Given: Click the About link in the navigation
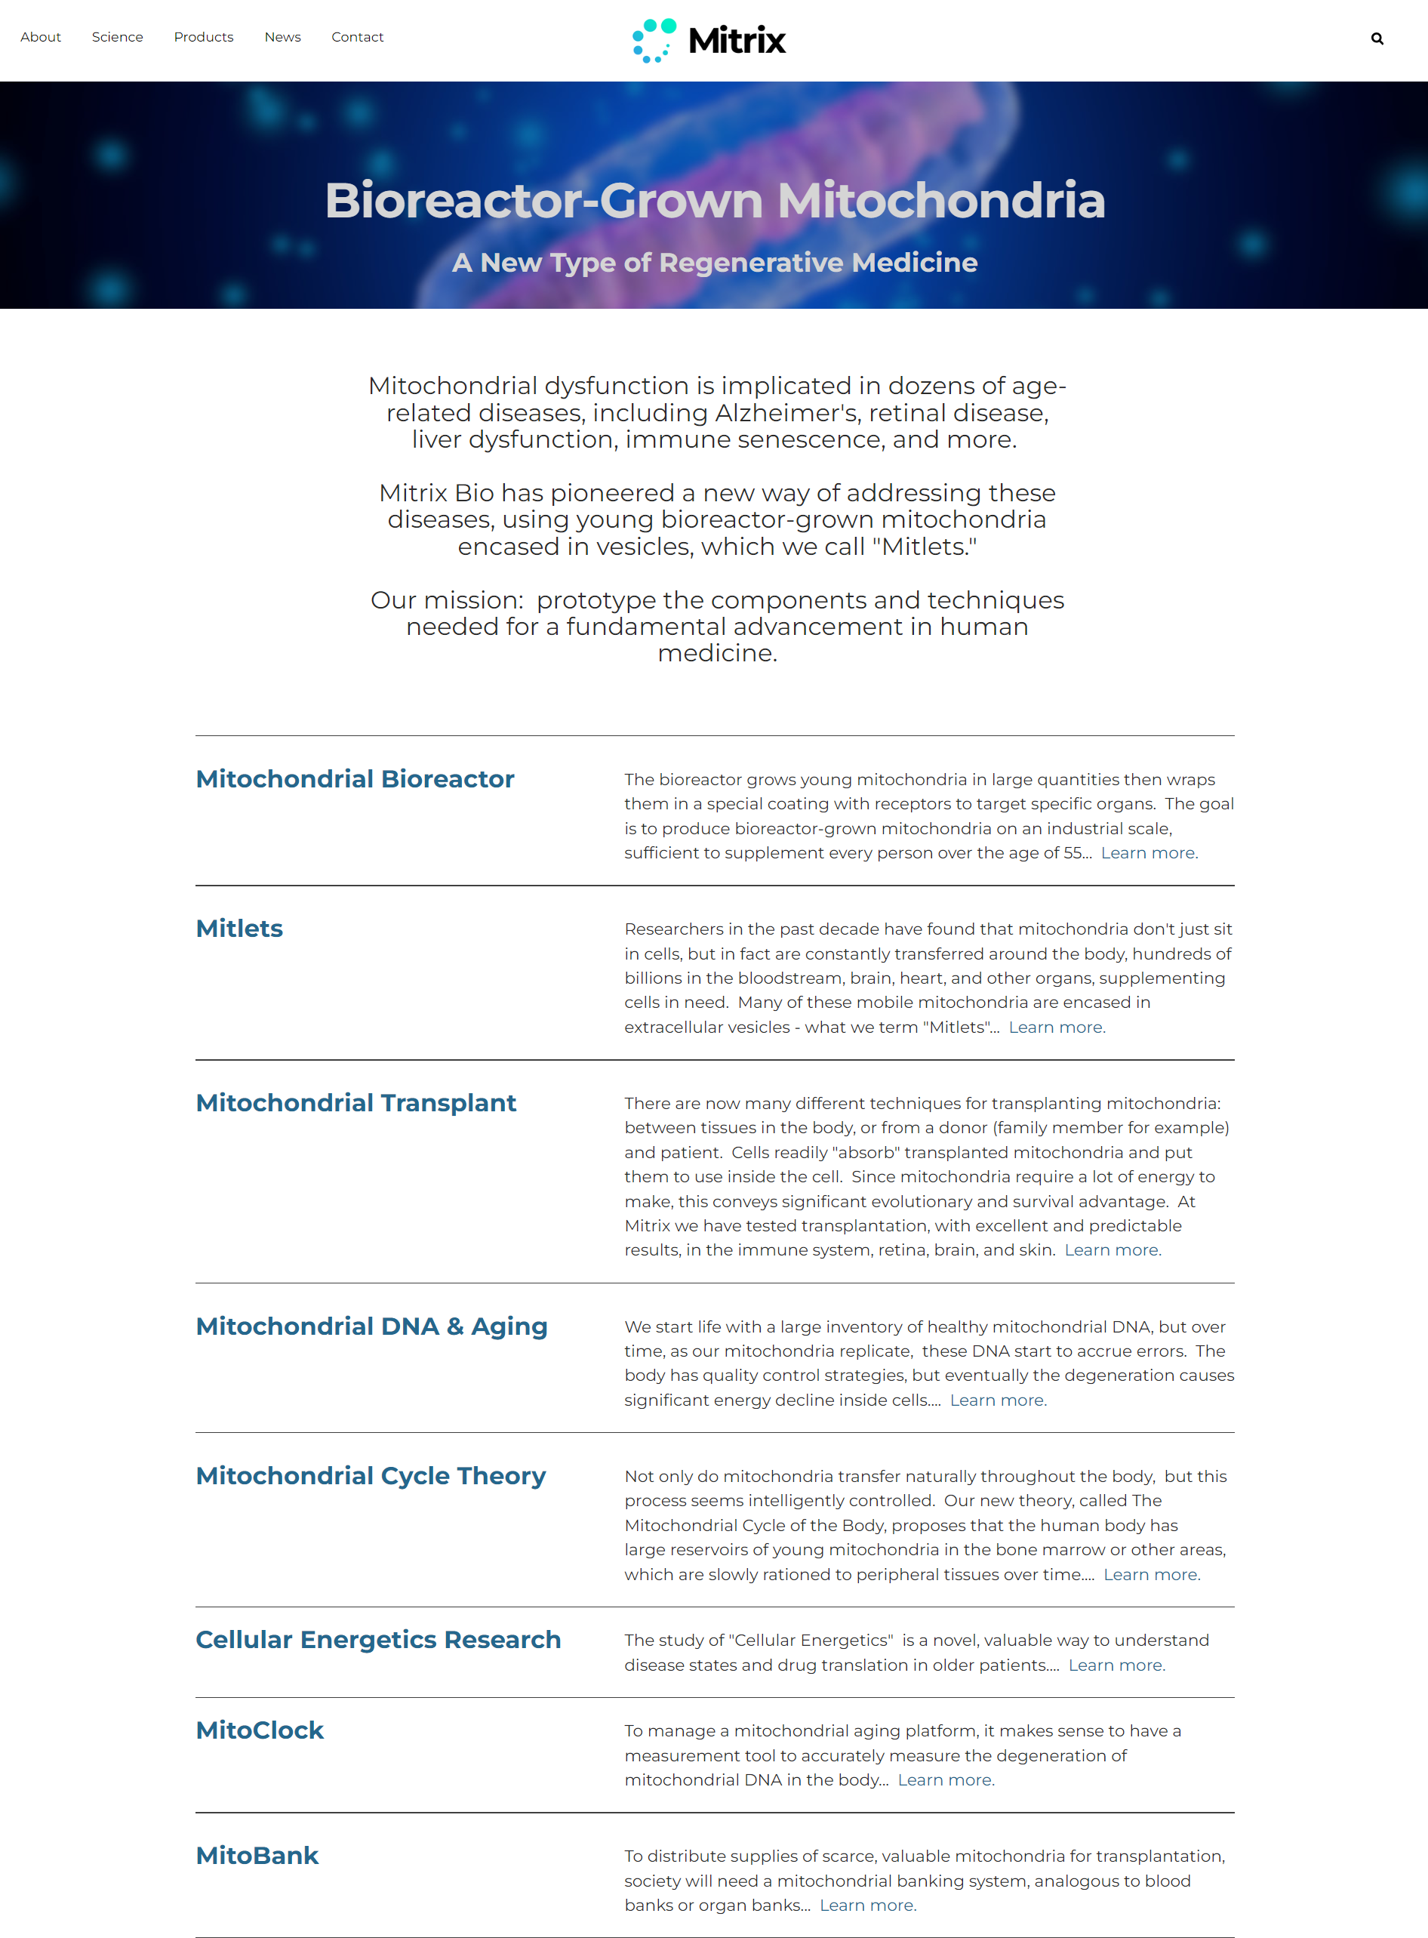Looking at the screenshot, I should tap(41, 37).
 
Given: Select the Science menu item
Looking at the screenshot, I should tap(118, 37).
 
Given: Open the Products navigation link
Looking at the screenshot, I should tap(203, 37).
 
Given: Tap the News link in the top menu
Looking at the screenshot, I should tap(283, 37).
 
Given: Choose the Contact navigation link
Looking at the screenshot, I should tap(357, 37).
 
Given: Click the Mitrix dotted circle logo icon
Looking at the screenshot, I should tap(654, 41).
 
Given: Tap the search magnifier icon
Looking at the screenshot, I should tap(1377, 39).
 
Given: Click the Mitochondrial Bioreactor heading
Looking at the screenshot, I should tap(355, 779).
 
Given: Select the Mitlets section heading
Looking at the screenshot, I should tap(239, 929).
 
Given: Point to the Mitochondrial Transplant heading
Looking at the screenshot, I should tap(355, 1103).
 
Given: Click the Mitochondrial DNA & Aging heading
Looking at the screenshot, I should tap(371, 1326).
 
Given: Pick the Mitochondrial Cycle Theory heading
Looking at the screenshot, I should tap(371, 1475).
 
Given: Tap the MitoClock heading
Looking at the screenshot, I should tap(260, 1730).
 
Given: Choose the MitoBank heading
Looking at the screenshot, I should tap(257, 1855).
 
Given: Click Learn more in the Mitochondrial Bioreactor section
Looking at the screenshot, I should tap(1149, 853).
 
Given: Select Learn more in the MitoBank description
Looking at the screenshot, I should tap(868, 1905).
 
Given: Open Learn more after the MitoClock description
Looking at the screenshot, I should tap(946, 1779).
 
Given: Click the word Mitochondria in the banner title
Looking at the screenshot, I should tap(941, 201).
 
